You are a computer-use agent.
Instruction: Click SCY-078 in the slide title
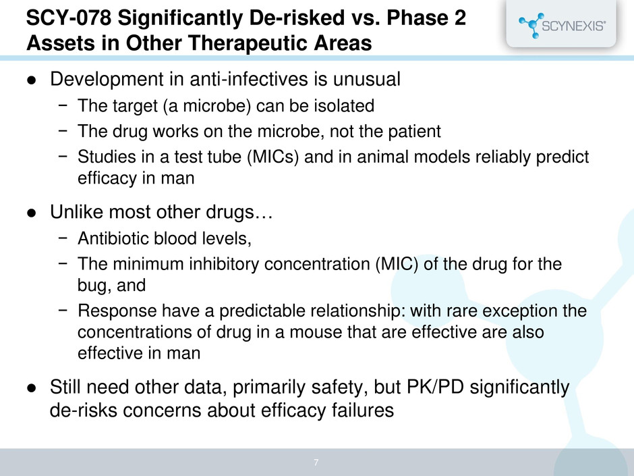click(x=69, y=18)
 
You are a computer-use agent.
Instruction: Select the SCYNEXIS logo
click(x=562, y=26)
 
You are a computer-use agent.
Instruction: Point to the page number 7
click(x=316, y=462)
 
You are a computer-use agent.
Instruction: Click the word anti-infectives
click(x=249, y=79)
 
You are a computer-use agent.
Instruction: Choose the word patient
click(x=414, y=131)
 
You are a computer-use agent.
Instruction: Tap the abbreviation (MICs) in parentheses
click(x=273, y=157)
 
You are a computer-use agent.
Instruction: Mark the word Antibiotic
click(x=115, y=238)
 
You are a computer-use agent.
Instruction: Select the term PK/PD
click(x=435, y=387)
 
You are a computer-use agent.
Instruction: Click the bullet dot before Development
click(x=32, y=80)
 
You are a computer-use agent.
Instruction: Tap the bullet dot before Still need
click(x=32, y=388)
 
